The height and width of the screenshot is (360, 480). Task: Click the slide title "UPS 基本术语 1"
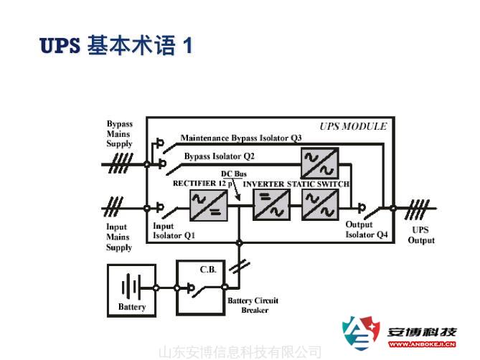(117, 47)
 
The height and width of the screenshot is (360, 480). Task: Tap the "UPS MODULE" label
(353, 126)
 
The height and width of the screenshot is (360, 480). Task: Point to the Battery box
(131, 290)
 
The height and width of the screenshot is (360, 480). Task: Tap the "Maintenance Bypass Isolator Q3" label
(240, 138)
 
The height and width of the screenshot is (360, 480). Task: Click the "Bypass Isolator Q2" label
(219, 156)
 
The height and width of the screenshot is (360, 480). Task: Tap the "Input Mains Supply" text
(119, 237)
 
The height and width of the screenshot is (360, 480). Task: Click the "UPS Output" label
(422, 235)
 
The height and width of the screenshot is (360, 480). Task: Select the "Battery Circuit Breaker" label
(253, 305)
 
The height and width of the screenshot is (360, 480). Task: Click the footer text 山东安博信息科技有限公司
(240, 351)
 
